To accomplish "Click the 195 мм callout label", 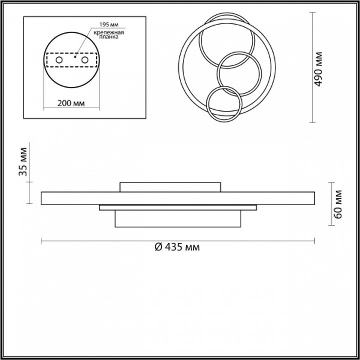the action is [109, 25].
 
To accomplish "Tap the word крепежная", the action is [109, 32].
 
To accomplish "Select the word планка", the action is [109, 37].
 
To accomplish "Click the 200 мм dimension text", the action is [71, 103].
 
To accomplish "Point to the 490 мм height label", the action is [318, 69].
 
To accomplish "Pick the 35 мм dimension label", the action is [23, 161].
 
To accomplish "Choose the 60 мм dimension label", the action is [338, 205].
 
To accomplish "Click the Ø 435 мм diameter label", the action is [177, 247].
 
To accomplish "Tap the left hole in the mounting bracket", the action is [59, 60].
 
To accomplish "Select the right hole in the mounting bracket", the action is [85, 60].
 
